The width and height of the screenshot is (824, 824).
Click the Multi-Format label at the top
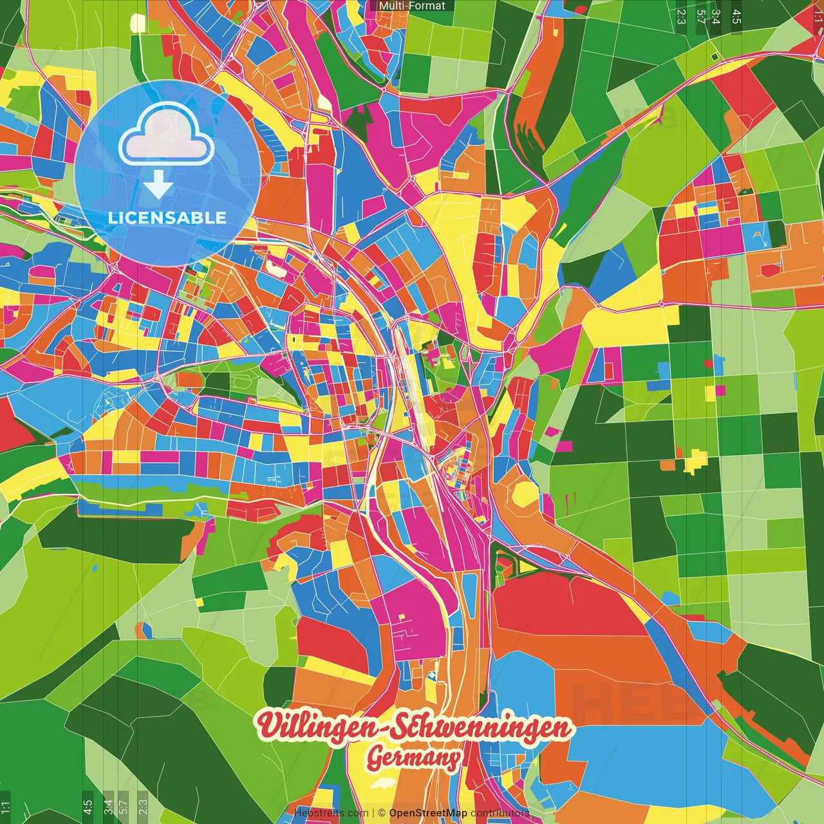coord(412,6)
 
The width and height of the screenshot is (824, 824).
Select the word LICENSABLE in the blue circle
coord(167,218)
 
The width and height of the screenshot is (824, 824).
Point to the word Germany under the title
coord(414,758)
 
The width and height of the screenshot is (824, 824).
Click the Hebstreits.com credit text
coord(331,813)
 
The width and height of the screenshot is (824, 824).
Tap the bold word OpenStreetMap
coord(428,813)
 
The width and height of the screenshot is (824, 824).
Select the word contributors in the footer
coord(500,813)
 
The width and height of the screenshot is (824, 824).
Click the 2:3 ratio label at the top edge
coord(681,15)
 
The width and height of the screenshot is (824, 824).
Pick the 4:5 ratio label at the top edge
coord(736,15)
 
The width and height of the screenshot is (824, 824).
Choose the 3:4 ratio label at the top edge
coord(715,15)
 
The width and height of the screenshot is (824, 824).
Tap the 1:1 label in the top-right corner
coord(818,14)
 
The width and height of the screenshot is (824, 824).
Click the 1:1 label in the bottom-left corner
coord(5,807)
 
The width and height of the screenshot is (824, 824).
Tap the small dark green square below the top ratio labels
coord(715,57)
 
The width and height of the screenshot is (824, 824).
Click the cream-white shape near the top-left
coord(138,23)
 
